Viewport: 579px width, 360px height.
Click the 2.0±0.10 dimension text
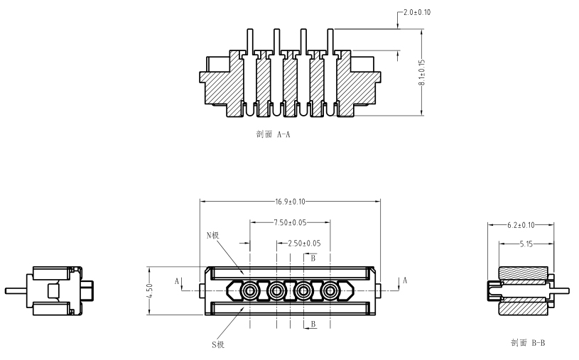pos(417,12)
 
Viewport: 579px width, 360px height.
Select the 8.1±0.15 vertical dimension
pos(422,72)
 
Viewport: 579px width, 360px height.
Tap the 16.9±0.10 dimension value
pos(291,202)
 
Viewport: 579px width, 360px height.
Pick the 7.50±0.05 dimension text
pos(291,222)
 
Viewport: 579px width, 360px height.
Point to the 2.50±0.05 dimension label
pos(304,244)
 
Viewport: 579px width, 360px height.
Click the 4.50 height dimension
pos(149,291)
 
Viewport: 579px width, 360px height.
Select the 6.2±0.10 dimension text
pos(521,225)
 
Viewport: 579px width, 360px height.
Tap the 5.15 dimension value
pos(526,244)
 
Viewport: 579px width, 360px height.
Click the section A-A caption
pos(274,134)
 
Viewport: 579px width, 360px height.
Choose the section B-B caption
pos(528,343)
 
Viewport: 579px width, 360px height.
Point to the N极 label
pos(212,235)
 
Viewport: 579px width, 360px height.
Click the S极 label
pos(218,344)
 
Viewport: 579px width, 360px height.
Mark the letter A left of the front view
pos(177,281)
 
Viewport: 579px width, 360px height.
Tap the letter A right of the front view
pos(405,280)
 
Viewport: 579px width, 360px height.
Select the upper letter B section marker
pos(313,258)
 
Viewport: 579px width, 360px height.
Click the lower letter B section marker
pos(313,324)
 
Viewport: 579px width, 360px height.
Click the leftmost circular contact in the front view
pos(249,291)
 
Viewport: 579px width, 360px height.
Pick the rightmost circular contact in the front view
pos(330,291)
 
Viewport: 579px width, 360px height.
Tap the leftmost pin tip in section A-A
pos(250,30)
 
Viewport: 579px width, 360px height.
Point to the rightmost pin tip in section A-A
pos(330,30)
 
